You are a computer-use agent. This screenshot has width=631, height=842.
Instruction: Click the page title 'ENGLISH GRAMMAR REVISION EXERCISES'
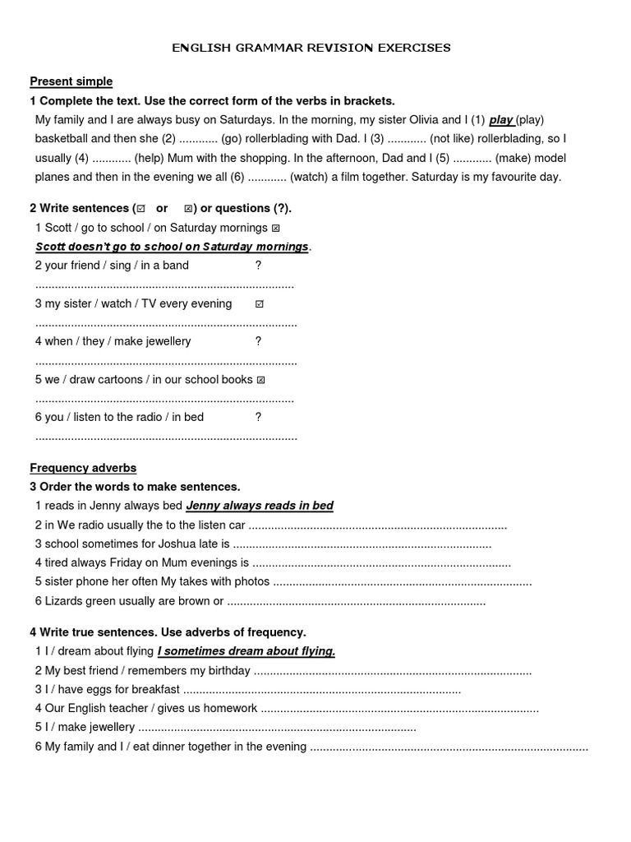pyautogui.click(x=311, y=48)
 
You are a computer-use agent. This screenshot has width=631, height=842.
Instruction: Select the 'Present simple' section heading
pyautogui.click(x=71, y=81)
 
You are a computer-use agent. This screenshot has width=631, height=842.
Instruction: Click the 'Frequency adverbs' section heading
pyautogui.click(x=83, y=468)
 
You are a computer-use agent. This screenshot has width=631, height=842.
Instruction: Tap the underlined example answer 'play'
pyautogui.click(x=501, y=120)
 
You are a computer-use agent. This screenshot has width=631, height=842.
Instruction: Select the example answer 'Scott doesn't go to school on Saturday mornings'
pyautogui.click(x=173, y=247)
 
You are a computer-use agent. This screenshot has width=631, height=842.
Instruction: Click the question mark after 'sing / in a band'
pyautogui.click(x=258, y=266)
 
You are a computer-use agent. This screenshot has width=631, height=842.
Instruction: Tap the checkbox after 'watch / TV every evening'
pyautogui.click(x=260, y=304)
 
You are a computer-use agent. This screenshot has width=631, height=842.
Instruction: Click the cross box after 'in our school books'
pyautogui.click(x=260, y=380)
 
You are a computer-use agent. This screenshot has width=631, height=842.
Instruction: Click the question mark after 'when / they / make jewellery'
pyautogui.click(x=258, y=341)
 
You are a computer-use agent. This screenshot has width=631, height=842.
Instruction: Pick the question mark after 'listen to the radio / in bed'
pyautogui.click(x=258, y=417)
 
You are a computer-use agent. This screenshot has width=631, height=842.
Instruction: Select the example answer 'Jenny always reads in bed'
pyautogui.click(x=260, y=506)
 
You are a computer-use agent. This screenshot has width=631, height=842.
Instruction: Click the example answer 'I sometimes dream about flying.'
pyautogui.click(x=246, y=651)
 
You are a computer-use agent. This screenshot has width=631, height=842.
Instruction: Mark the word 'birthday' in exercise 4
pyautogui.click(x=225, y=670)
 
